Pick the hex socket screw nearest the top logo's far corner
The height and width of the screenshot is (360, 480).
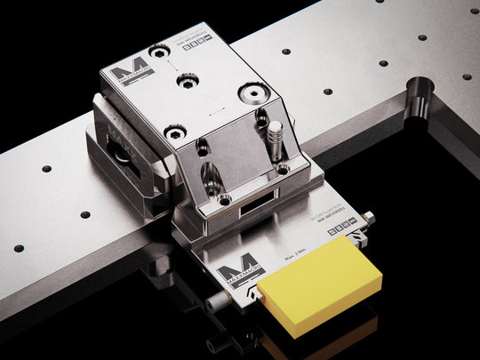point(160,52)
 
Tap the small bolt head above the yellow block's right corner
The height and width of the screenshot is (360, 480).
point(369,218)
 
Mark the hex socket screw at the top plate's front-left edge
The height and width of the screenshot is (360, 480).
point(174,132)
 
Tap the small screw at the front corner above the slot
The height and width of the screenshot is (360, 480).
point(225,200)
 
